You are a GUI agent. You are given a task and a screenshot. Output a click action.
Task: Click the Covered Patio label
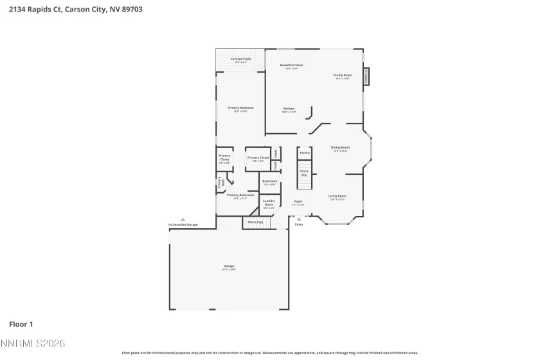tap(240, 60)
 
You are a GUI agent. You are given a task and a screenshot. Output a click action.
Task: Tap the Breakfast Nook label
tap(291, 66)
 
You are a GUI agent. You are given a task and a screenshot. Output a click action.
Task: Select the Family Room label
tap(342, 76)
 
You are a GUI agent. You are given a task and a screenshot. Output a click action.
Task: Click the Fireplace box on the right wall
tap(366, 76)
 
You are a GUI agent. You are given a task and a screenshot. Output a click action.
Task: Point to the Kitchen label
tap(289, 110)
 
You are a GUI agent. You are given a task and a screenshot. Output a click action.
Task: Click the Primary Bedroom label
tap(240, 109)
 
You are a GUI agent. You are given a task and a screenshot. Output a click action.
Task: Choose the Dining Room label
tap(340, 148)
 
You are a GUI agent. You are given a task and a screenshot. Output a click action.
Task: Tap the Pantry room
tap(305, 153)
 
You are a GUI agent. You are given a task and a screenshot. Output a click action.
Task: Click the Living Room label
tap(337, 197)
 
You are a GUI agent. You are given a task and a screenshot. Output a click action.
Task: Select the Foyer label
tap(298, 203)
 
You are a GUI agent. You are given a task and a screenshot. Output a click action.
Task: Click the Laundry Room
tap(269, 204)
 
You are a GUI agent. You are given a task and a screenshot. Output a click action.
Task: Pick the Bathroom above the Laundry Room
tap(269, 183)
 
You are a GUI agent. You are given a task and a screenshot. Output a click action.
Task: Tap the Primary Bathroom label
tap(240, 196)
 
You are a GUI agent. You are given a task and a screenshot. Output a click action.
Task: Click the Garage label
tap(229, 267)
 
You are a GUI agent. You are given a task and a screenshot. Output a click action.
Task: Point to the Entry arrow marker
tap(299, 219)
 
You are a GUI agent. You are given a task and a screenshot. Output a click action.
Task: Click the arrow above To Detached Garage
tap(183, 219)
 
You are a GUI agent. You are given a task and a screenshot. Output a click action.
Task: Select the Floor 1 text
tap(21, 325)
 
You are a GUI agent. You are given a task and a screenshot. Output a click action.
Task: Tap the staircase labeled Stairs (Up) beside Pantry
tap(304, 174)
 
